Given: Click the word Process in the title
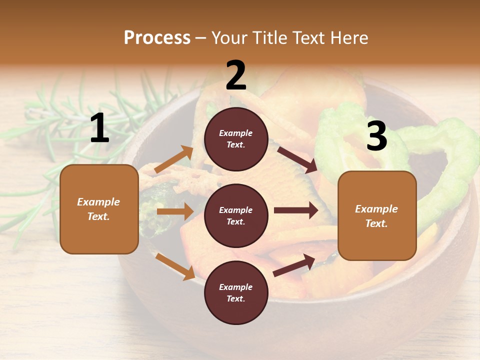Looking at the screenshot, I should pos(157,37).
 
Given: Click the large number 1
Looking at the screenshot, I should pos(99,128).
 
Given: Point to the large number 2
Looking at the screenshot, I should pos(236,75).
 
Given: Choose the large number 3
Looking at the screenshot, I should pos(376,136).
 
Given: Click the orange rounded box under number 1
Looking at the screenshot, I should pos(99,209).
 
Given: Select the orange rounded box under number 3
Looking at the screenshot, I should pos(377,215).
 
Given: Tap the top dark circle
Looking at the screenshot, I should pos(236,139).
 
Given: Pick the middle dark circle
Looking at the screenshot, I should pos(236,215).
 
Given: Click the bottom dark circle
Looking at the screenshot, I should pos(236,292).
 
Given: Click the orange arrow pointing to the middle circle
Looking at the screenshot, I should pos(175,211).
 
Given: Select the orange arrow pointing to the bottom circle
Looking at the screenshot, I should pos(175,266).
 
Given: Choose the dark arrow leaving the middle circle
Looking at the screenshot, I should pos(296,210).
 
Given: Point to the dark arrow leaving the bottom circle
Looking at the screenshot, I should pos(294,265).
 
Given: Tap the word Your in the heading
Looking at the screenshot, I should pos(229,37).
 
